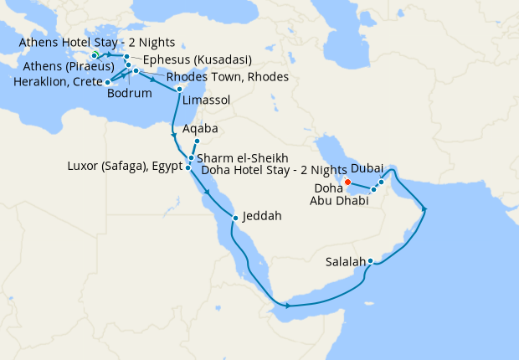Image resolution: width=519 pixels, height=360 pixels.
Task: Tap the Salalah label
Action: [x=345, y=261]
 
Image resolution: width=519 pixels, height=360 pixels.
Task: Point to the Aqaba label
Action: [x=200, y=129]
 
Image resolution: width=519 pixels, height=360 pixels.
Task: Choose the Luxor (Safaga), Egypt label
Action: [x=124, y=167]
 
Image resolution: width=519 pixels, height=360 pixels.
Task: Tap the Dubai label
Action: [x=368, y=168]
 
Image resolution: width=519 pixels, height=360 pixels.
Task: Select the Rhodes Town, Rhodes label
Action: [x=228, y=76]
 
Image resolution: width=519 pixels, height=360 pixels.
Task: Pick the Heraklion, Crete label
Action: [x=53, y=82]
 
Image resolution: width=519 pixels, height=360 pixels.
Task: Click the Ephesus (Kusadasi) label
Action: [x=198, y=60]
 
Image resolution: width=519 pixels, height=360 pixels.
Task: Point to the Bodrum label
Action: [x=129, y=93]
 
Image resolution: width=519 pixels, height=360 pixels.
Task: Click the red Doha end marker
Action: [x=347, y=181]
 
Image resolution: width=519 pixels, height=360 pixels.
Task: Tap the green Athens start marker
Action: [x=95, y=55]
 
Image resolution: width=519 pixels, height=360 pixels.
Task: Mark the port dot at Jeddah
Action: [x=236, y=218]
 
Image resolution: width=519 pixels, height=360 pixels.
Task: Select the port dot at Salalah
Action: [x=370, y=261]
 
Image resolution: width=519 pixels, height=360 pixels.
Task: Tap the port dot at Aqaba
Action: [x=197, y=141]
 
